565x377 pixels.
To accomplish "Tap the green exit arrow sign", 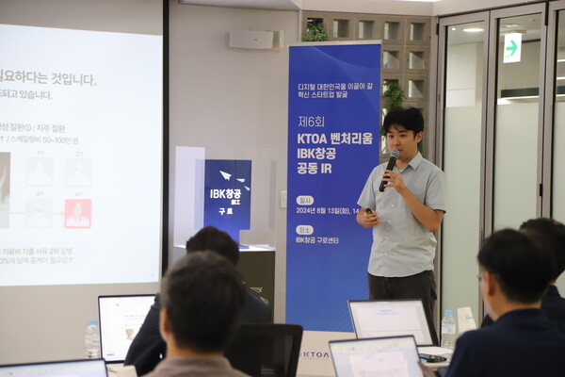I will click(x=511, y=47).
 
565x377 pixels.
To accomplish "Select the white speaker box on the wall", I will click(x=252, y=40).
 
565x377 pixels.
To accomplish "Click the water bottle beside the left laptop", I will click(x=92, y=338).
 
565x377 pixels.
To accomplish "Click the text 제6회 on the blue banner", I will click(x=312, y=122).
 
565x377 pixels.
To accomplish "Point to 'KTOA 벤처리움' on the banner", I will click(x=334, y=138).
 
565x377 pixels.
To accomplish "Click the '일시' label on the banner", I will click(x=304, y=200).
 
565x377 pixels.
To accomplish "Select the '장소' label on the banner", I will click(x=304, y=229).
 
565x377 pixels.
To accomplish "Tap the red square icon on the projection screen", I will click(x=77, y=214).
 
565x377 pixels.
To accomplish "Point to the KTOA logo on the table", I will click(x=315, y=354).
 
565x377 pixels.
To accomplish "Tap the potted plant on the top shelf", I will click(x=315, y=31).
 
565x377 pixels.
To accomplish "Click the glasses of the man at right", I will click(x=481, y=277).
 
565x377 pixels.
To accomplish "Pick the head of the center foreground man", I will click(x=200, y=301).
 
